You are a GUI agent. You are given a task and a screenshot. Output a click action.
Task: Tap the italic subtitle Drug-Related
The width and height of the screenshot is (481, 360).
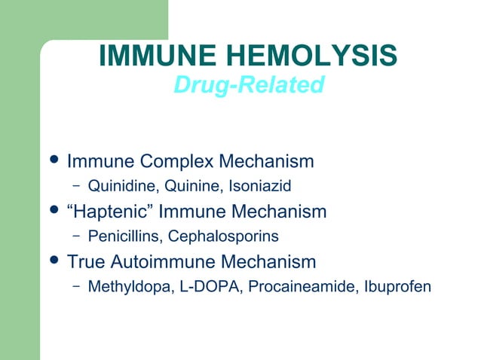(248, 85)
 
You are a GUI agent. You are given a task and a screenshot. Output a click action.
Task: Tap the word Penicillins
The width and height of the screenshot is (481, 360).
(124, 236)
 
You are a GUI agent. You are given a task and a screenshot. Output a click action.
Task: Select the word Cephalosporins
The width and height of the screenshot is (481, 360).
(224, 236)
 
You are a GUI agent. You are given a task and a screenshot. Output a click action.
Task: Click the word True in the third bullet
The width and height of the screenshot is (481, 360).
(87, 262)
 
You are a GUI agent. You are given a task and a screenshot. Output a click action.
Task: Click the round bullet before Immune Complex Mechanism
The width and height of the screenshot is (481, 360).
(51, 161)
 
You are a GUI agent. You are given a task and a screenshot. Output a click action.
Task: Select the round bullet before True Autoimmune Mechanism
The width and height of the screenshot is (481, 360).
(51, 261)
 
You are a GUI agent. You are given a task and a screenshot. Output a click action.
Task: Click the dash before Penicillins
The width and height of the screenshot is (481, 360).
(76, 236)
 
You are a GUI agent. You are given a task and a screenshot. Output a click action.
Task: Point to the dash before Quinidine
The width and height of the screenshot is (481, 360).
(76, 185)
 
